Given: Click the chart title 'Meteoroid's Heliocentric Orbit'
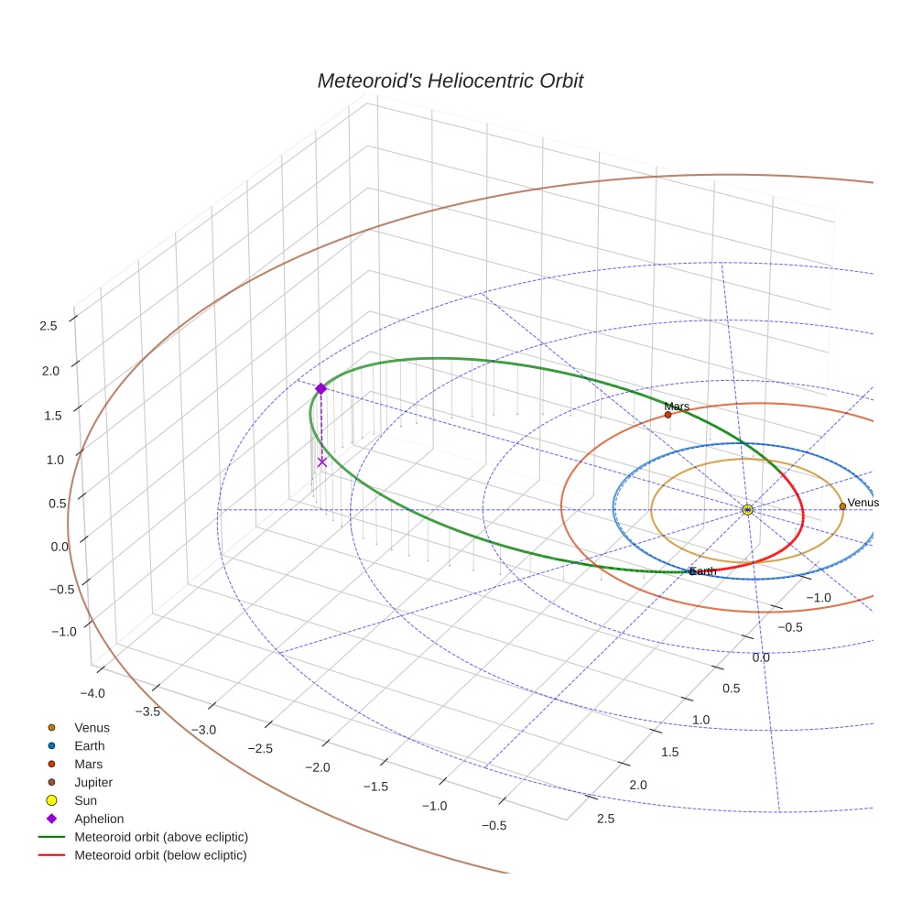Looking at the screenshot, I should coord(450,81).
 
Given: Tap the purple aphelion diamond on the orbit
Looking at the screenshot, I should coord(320,389).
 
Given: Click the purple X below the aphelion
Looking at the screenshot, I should coord(321,462).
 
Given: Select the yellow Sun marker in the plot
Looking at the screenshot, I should coord(747,509).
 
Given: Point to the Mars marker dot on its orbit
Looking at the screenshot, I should coord(668,415).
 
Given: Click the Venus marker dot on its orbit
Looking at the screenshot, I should coord(842,506).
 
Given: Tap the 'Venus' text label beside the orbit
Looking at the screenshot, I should coord(863,503).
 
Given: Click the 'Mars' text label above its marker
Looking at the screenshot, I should coord(677,407).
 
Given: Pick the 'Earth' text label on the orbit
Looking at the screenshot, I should coord(703,571).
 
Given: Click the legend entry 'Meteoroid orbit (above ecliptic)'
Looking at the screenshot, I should coord(161,837).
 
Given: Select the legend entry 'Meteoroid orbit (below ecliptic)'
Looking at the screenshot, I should coord(160,855).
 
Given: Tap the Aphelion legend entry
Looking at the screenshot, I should coord(99,819).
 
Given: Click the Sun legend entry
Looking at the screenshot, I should coord(86,800).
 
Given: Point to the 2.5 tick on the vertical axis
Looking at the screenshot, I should coord(48,325).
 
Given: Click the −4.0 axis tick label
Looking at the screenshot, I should coord(94,693).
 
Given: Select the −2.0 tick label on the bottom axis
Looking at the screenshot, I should coord(318,766).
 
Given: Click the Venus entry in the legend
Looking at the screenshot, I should coord(92,728).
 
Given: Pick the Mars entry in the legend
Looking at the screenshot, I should coord(88,764).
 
